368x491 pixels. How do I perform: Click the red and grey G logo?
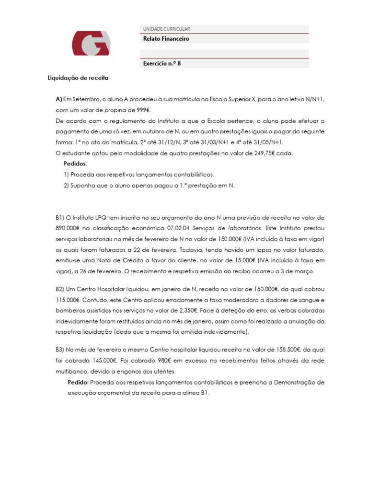[x=91, y=43]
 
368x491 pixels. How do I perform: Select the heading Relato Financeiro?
[x=166, y=39]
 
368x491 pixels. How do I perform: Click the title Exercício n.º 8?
[x=162, y=63]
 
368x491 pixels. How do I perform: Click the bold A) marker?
[x=59, y=99]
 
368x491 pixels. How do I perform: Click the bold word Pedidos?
[x=74, y=164]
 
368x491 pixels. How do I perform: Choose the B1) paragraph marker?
[x=60, y=218]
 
